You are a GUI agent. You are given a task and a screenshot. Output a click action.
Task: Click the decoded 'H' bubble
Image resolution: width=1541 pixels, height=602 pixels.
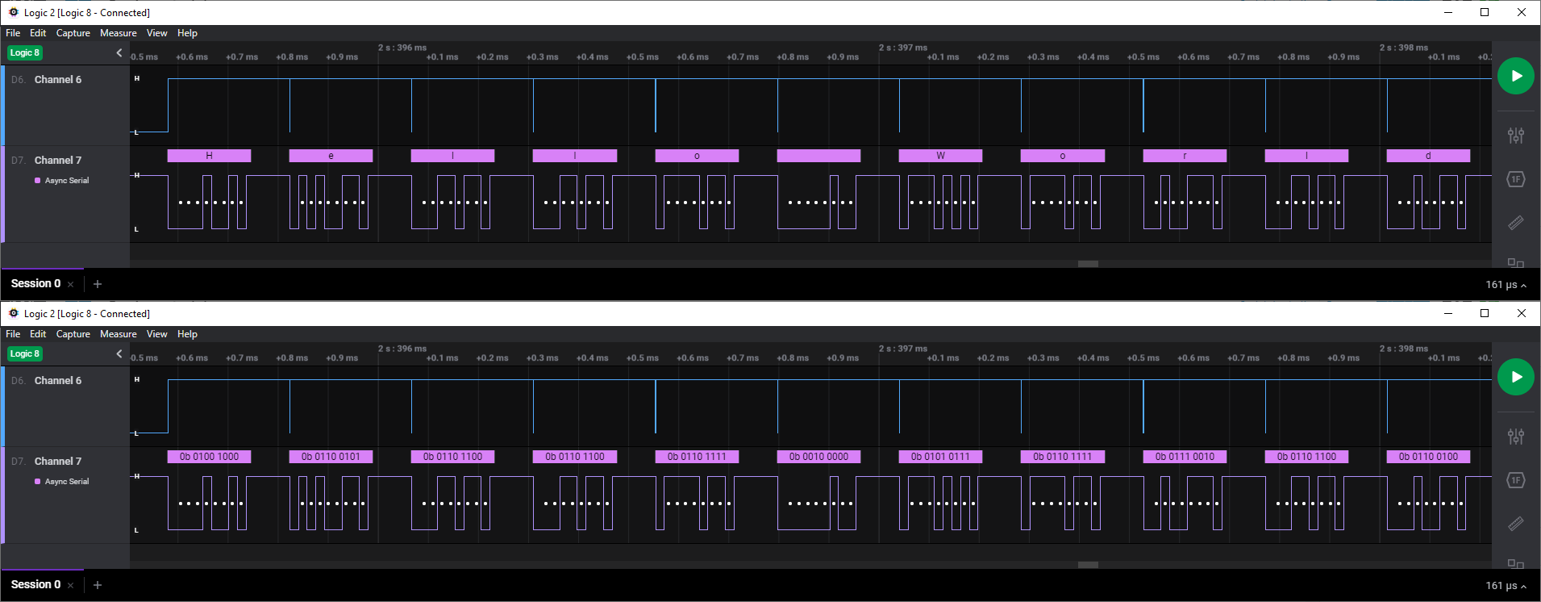209,156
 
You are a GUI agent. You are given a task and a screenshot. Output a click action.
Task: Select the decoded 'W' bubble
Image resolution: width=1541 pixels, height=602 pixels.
940,156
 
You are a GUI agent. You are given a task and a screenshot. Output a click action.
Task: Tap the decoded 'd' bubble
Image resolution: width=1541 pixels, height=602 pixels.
1428,156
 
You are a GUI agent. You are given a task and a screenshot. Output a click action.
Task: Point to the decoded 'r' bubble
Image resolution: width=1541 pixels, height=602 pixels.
1185,156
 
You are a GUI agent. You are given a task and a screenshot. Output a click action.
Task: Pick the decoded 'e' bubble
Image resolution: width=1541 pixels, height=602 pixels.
331,156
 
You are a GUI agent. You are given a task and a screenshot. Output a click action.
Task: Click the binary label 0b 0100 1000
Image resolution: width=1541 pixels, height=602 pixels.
209,457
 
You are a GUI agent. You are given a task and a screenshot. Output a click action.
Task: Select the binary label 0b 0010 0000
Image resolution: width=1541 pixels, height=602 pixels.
818,457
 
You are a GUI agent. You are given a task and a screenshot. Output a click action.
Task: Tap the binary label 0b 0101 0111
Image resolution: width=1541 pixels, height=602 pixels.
940,457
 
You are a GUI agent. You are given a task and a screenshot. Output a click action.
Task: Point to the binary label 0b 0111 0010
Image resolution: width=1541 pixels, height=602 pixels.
1185,457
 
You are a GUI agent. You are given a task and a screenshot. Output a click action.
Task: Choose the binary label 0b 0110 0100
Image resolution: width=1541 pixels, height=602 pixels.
1428,457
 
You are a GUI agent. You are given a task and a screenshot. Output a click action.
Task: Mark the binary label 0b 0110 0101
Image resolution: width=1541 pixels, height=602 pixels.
331,457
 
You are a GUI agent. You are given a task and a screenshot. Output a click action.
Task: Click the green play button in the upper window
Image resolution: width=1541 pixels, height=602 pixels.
1516,76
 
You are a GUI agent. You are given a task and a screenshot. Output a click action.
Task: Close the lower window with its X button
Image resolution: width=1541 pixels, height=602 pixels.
1522,313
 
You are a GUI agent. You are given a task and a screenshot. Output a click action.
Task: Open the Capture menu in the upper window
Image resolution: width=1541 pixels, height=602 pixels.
73,33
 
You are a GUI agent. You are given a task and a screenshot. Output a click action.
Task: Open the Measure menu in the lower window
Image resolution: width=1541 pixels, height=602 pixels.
118,334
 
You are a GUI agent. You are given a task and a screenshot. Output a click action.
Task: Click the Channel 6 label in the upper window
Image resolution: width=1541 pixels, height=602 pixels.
57,80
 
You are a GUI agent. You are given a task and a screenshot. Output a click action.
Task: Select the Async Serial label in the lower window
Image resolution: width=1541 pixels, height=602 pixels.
67,482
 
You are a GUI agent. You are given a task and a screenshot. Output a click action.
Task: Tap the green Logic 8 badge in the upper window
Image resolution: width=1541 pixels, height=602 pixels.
24,52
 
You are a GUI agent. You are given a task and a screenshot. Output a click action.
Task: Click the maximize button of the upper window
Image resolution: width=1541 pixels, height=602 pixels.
1485,12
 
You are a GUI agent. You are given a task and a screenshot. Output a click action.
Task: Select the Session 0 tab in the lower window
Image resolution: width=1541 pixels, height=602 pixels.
35,584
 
